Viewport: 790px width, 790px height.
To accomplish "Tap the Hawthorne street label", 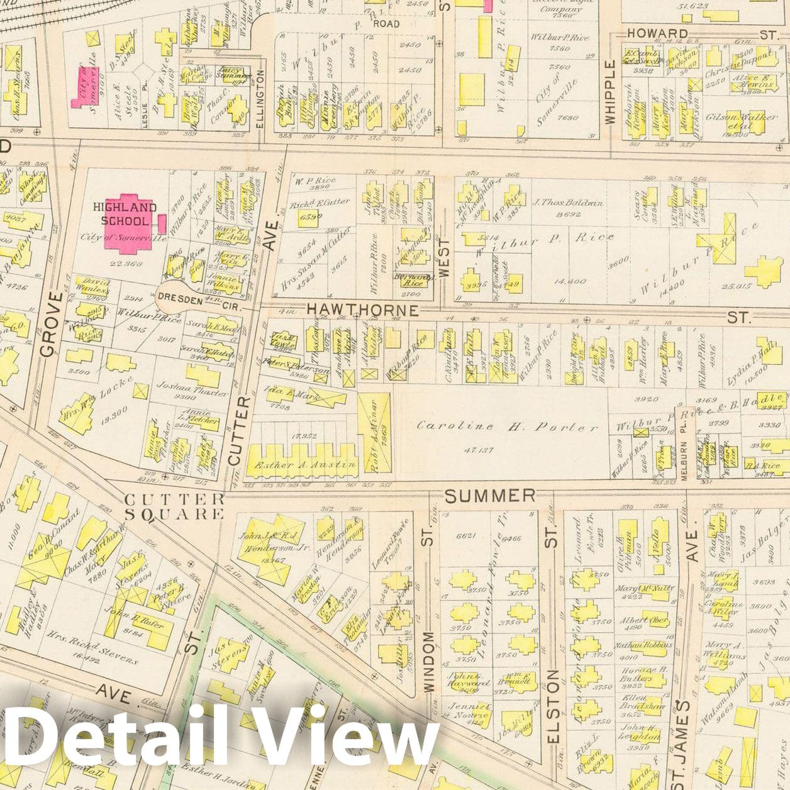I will pyautogui.click(x=362, y=309).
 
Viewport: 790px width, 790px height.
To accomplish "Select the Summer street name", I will pyautogui.click(x=490, y=496).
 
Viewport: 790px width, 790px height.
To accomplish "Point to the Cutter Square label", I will pyautogui.click(x=174, y=506).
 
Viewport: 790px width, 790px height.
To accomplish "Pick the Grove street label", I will pyautogui.click(x=51, y=324).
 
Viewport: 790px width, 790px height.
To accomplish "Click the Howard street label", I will pyautogui.click(x=657, y=33).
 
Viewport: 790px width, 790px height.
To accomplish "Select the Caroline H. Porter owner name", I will pyautogui.click(x=507, y=426).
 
